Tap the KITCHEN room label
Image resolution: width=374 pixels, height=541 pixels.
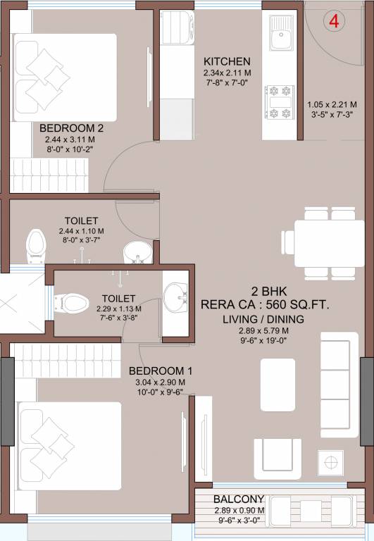click(227, 61)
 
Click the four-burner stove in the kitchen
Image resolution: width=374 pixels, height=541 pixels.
click(280, 102)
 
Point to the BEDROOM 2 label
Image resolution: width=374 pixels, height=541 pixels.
click(71, 128)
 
